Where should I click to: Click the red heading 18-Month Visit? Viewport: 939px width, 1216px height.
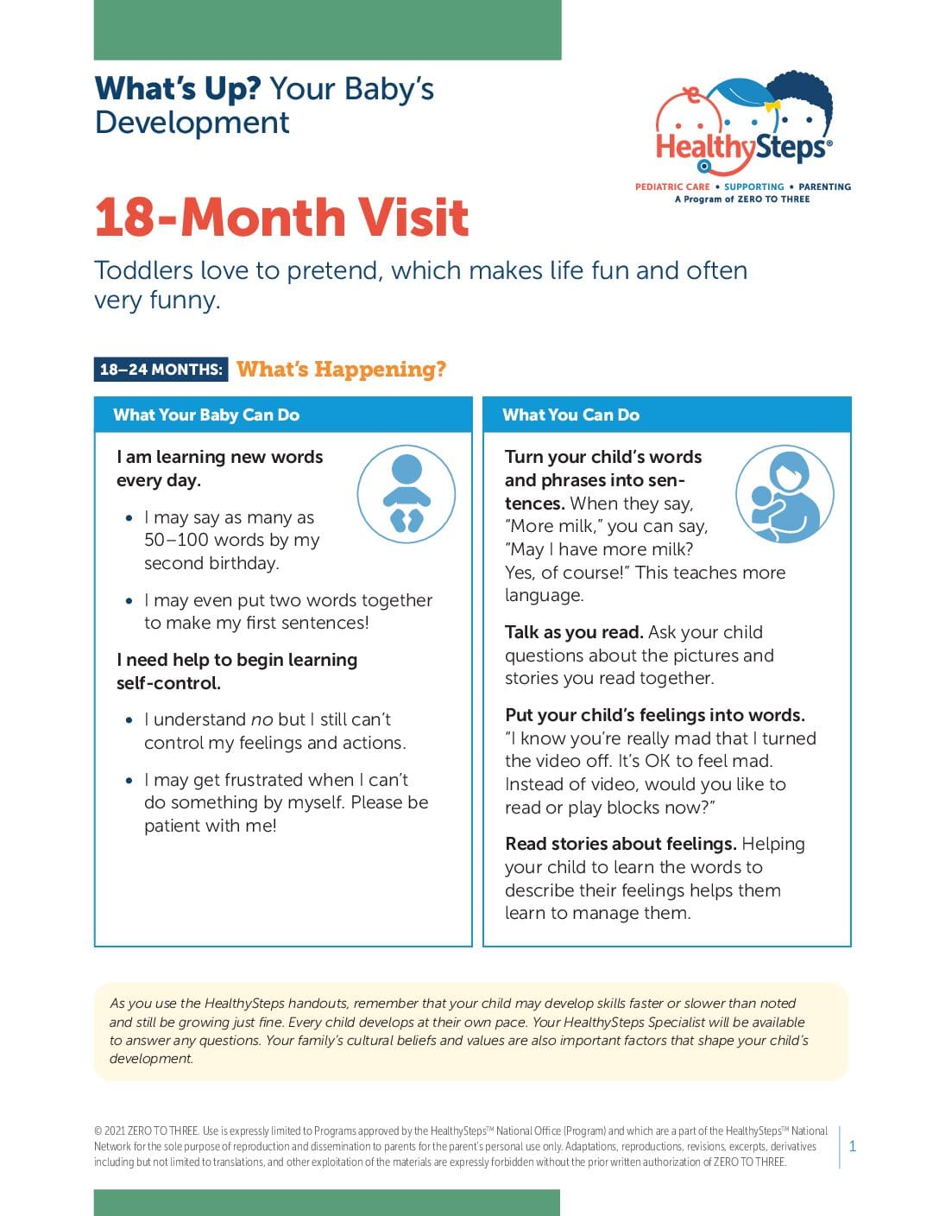(281, 217)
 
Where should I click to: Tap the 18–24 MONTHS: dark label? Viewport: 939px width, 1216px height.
(161, 370)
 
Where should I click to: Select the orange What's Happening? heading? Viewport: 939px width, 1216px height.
(341, 370)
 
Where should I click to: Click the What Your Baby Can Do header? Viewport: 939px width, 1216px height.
(206, 415)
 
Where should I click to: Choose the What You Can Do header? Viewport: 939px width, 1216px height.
(570, 415)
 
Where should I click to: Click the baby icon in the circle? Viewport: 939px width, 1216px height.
(406, 494)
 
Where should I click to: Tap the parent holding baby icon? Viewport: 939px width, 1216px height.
(784, 495)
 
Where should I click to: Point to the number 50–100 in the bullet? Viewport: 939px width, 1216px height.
(176, 541)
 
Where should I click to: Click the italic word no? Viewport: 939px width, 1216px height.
(262, 719)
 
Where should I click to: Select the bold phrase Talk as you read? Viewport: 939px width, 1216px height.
(573, 632)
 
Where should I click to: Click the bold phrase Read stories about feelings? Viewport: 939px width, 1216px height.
(621, 844)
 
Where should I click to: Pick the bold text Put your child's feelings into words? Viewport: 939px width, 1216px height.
(654, 715)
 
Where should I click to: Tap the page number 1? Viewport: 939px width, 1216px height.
(853, 1147)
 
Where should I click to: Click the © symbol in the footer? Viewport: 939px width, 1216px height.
(98, 1131)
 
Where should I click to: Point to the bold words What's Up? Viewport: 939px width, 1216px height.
(178, 89)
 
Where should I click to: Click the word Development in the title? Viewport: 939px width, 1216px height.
(192, 123)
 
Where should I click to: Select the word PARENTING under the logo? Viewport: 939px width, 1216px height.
(824, 187)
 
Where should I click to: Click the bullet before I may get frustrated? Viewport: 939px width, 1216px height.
(129, 781)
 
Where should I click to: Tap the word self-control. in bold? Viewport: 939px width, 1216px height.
(168, 683)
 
